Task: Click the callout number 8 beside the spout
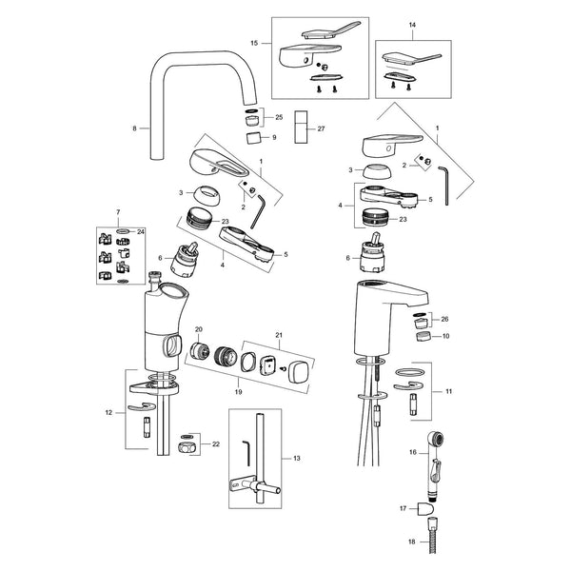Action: [x=134, y=128]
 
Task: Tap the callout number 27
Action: [x=321, y=128]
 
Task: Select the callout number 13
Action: [x=297, y=458]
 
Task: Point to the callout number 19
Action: [x=238, y=392]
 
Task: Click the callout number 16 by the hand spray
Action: [x=412, y=452]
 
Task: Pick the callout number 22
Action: [x=216, y=444]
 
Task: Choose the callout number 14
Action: [x=412, y=25]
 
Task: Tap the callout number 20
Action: [x=199, y=329]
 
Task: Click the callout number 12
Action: [x=108, y=413]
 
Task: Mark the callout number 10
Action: [x=445, y=336]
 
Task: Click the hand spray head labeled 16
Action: [x=435, y=463]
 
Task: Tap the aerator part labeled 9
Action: [x=254, y=138]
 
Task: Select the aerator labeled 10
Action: [x=423, y=336]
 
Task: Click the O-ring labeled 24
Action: [x=124, y=231]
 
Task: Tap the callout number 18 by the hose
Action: [x=411, y=541]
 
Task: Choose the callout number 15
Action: [x=254, y=43]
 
